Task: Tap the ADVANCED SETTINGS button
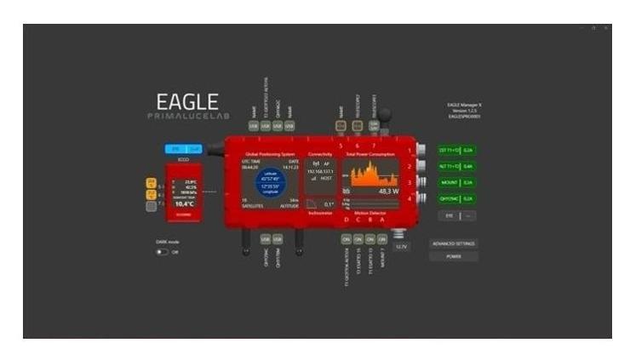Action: coord(454,243)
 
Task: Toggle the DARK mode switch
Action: coord(162,252)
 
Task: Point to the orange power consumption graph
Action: coord(369,176)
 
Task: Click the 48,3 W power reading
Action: coord(388,191)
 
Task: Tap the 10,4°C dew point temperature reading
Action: coord(185,204)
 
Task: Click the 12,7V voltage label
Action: coord(402,247)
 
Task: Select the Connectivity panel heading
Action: coord(320,154)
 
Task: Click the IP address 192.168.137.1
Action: coord(320,170)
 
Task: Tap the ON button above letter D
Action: coord(346,239)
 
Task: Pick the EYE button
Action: coord(449,216)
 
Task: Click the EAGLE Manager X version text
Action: coord(465,110)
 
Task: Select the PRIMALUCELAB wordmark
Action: coord(186,116)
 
